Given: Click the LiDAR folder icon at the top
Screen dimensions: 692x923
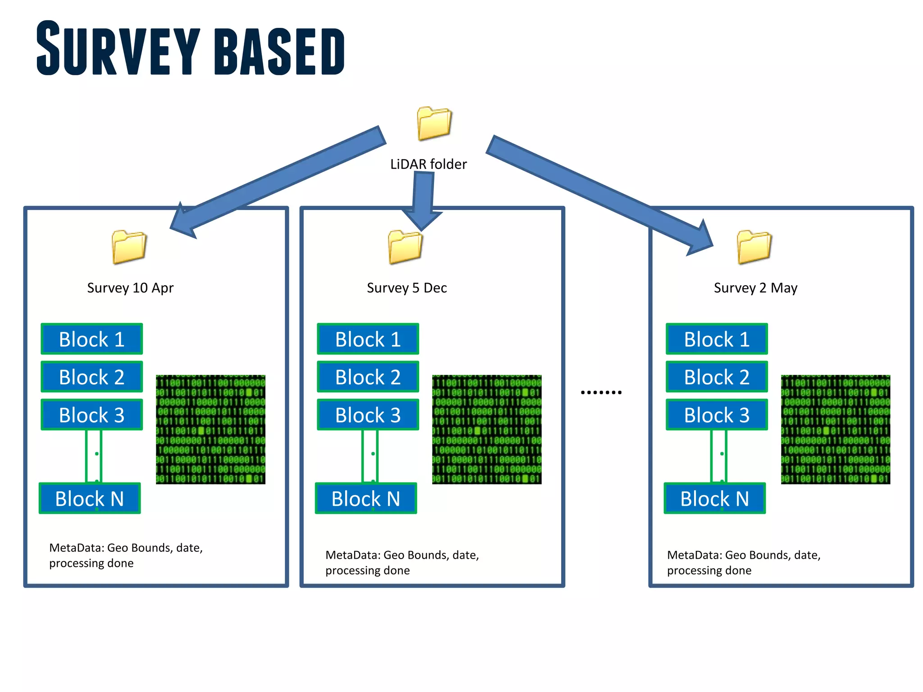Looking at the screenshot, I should pos(434,123).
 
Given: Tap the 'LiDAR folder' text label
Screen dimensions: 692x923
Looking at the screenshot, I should pos(428,164).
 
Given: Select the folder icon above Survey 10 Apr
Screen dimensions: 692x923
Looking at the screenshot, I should pos(129,246).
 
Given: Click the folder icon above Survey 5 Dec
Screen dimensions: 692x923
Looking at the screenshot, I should pos(405,246).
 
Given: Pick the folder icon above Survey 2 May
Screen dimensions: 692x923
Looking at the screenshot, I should pos(754,246).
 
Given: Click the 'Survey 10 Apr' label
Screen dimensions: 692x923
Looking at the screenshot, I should pos(130,287).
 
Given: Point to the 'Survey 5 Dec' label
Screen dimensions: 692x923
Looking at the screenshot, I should pos(407,287).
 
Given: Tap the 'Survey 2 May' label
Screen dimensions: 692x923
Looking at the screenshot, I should pos(755,287).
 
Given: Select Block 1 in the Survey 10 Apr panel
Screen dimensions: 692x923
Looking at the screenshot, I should pos(92,339).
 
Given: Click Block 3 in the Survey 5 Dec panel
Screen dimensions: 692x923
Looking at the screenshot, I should pos(368,414).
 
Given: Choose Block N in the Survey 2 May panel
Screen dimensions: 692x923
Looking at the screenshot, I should pos(714,498).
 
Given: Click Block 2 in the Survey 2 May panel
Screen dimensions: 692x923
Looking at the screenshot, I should pos(717,377).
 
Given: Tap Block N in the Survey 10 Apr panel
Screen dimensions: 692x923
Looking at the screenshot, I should pos(90,498).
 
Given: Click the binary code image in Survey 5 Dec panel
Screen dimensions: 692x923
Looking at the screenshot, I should pos(487,429).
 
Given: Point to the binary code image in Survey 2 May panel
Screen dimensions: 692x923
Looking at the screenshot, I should pos(836,429).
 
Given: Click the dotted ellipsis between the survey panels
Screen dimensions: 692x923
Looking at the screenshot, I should pos(601,392).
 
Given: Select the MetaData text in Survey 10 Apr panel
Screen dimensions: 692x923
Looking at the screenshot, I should pos(126,555).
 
